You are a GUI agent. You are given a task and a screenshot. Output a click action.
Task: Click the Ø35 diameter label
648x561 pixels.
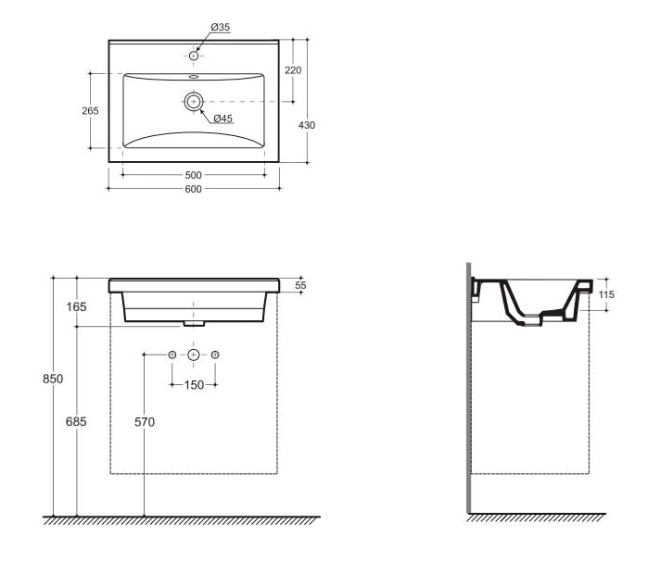click(x=221, y=27)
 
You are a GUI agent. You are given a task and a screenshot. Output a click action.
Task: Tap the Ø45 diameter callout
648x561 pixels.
click(x=223, y=118)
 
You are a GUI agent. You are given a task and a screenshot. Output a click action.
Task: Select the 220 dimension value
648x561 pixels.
click(x=293, y=70)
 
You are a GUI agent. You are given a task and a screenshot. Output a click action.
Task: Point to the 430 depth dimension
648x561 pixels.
click(x=307, y=125)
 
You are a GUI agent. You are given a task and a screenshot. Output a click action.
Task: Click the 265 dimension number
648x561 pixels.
click(x=90, y=111)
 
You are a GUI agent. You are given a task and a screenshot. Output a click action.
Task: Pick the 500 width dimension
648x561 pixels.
click(x=193, y=175)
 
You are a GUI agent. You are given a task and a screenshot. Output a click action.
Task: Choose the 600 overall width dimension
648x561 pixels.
click(x=193, y=189)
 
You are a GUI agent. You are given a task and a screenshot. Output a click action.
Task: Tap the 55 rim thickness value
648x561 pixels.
click(x=301, y=285)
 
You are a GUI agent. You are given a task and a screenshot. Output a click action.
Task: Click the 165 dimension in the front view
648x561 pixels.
click(x=76, y=306)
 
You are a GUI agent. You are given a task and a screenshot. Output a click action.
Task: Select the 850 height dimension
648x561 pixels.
click(x=53, y=379)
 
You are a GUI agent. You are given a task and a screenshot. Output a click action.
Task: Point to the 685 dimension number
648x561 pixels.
click(x=76, y=421)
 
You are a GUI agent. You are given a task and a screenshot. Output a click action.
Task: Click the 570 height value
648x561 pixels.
click(x=145, y=422)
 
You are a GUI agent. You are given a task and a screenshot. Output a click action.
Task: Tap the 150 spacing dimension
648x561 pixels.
click(x=194, y=385)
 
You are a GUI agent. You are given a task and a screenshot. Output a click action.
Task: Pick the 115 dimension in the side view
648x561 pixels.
click(x=606, y=294)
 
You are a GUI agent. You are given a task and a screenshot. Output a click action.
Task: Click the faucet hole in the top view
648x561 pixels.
click(x=194, y=56)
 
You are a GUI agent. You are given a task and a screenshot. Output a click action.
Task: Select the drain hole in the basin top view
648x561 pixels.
click(x=194, y=102)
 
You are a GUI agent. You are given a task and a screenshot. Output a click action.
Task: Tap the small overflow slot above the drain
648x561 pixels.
click(x=194, y=76)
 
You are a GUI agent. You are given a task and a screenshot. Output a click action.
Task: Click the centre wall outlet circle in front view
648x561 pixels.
click(x=194, y=355)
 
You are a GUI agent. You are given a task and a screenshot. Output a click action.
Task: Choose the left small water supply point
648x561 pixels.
click(x=172, y=355)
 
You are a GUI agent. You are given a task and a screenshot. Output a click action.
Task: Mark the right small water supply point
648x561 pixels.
click(x=215, y=355)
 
